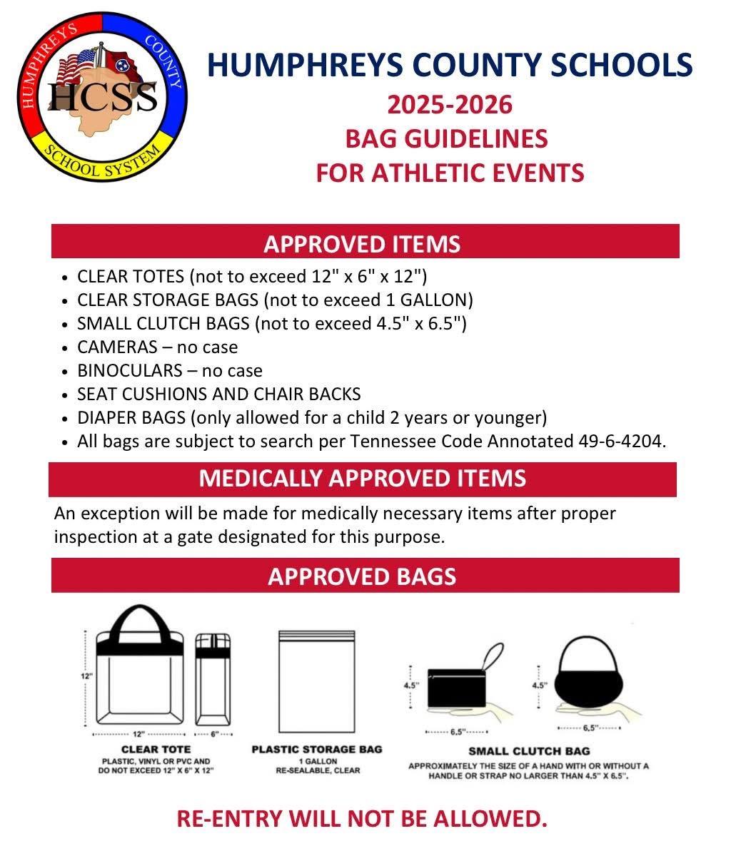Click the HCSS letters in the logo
[101, 95]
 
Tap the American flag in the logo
[77, 68]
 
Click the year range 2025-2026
[450, 105]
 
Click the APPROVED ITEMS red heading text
[362, 244]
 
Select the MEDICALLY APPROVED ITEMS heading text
[362, 478]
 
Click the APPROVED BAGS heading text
[362, 576]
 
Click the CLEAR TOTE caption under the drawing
[156, 749]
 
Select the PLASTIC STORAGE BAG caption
[317, 749]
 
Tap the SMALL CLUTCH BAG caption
[529, 751]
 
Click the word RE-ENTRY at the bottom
[227, 818]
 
